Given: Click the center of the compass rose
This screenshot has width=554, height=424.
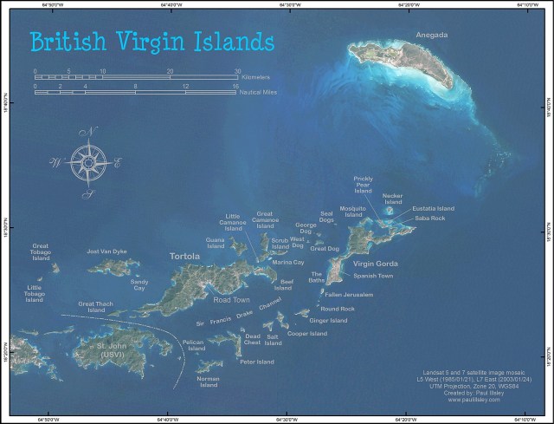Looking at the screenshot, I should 86,162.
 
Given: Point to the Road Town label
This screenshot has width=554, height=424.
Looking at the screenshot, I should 231,300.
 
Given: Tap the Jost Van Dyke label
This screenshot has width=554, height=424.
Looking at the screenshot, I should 107,251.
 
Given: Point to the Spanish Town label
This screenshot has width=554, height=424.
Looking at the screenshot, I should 373,276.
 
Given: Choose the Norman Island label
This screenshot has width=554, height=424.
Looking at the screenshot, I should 208,382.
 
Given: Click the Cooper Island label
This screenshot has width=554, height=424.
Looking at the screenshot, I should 307,333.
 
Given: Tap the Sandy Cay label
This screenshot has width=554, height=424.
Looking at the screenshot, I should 139,284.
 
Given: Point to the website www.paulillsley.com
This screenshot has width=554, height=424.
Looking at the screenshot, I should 472,401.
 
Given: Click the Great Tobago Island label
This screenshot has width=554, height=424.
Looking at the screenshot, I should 42,252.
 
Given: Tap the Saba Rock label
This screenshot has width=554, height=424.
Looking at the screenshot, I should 429,219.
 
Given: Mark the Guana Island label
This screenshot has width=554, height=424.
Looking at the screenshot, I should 216,242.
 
